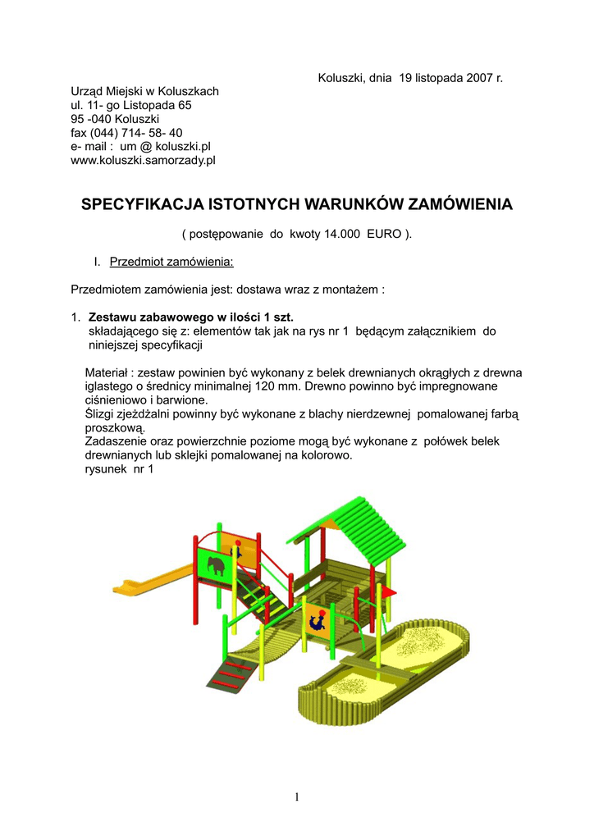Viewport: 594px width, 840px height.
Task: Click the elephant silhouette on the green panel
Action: [217, 567]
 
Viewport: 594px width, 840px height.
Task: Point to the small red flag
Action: [389, 591]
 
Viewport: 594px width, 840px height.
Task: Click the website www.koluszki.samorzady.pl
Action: [143, 161]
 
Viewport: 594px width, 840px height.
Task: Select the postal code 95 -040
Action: [91, 119]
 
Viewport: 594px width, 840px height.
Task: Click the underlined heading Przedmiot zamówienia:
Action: [171, 262]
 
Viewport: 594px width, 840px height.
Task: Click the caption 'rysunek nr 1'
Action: [119, 469]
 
